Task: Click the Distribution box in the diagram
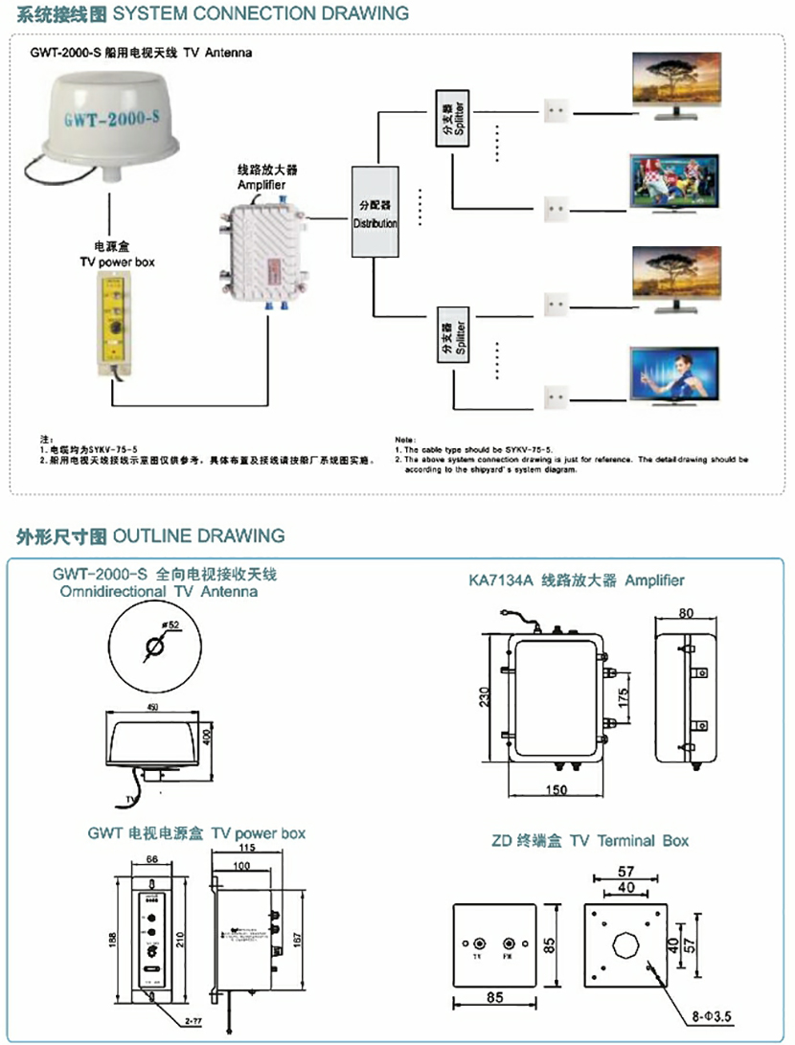(x=375, y=212)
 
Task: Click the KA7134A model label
(x=502, y=580)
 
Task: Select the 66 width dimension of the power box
(x=152, y=859)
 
